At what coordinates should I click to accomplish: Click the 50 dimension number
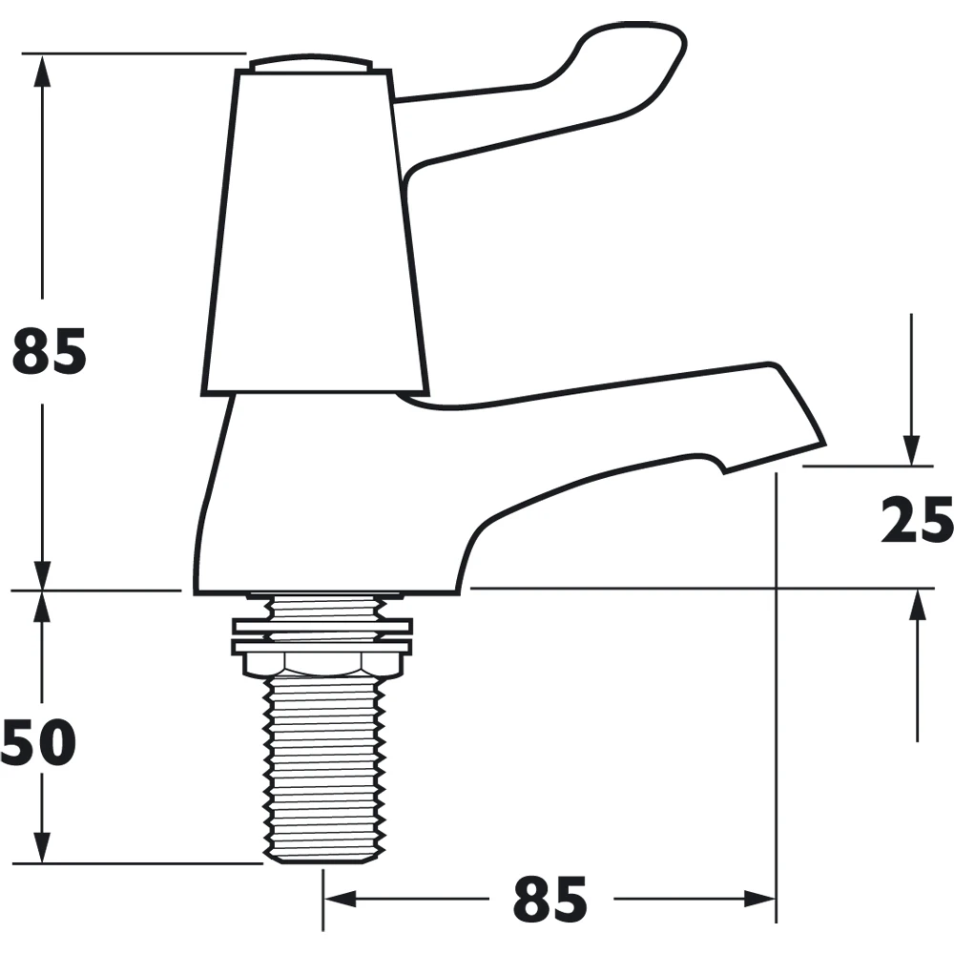point(38,743)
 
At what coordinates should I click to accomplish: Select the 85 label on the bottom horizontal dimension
point(550,900)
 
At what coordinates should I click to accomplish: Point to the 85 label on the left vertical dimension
point(50,352)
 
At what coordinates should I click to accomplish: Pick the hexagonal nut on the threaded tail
point(321,663)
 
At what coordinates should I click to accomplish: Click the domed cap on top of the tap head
point(310,65)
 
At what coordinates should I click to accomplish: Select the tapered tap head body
point(316,231)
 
